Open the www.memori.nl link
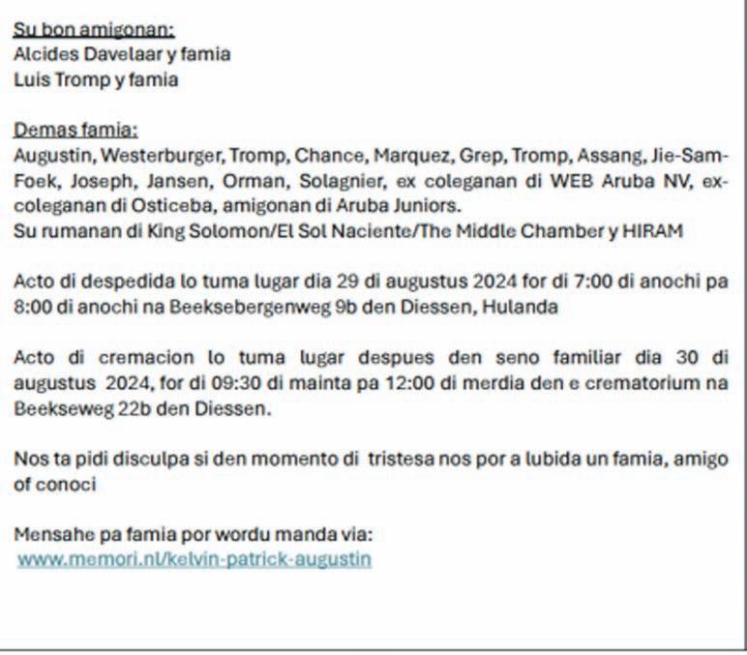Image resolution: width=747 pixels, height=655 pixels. (194, 559)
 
